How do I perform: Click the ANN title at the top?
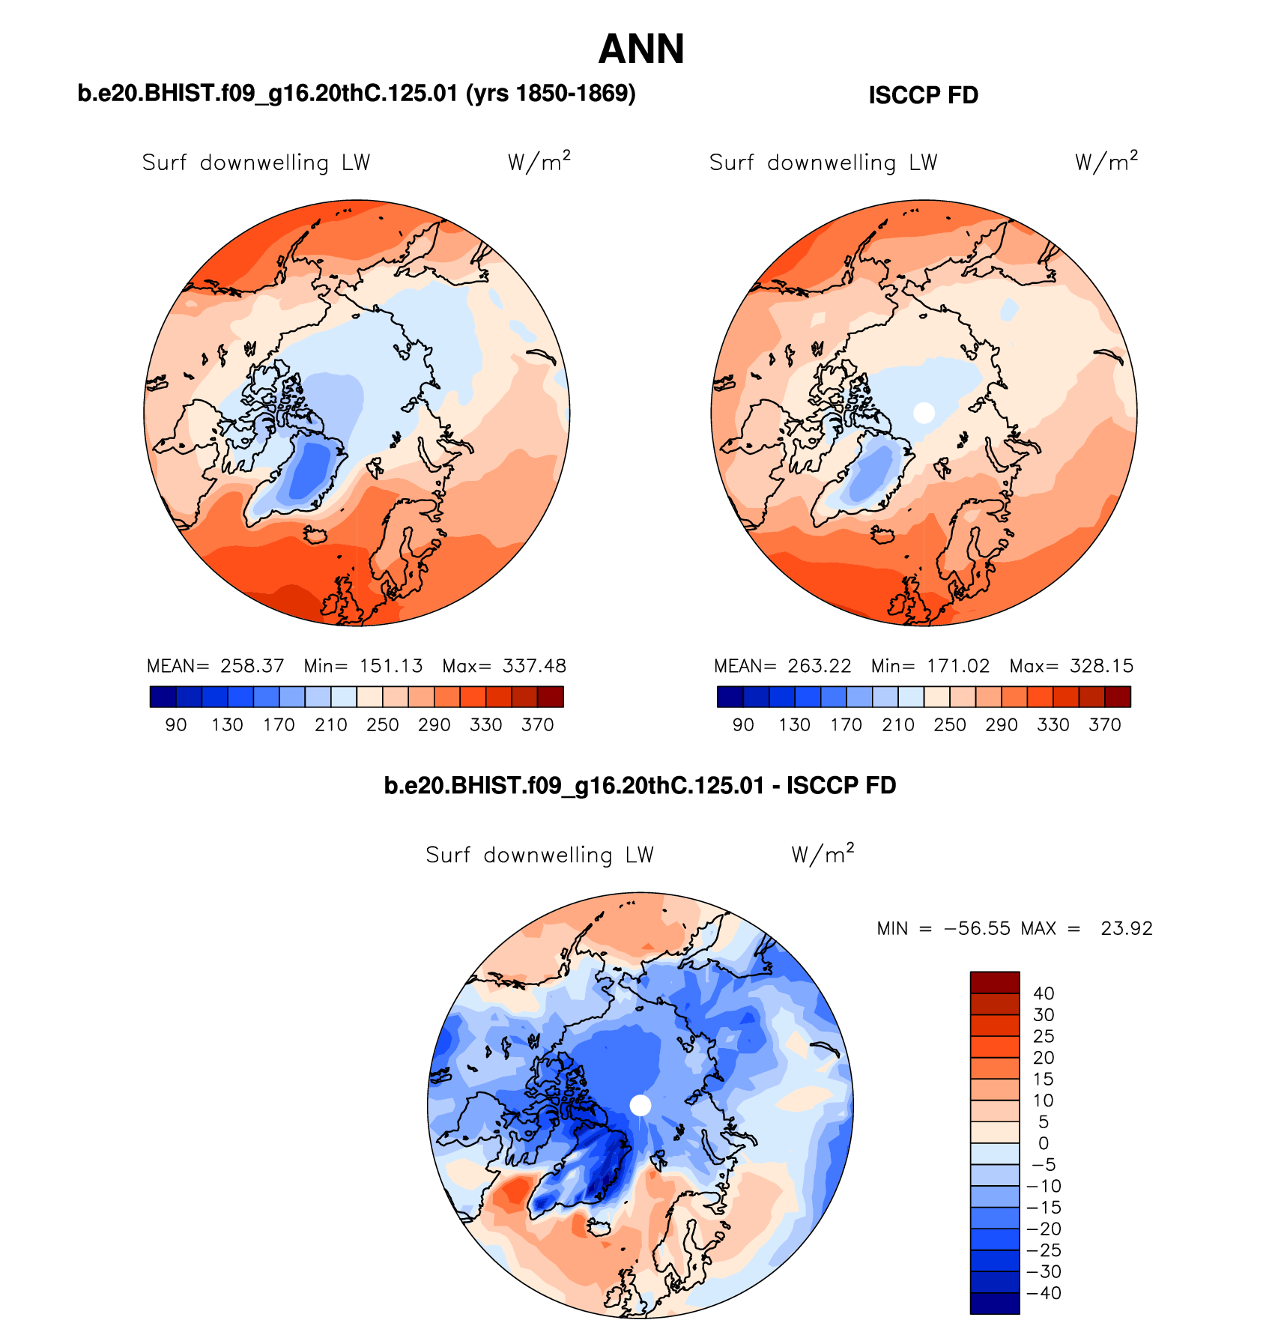pyautogui.click(x=641, y=49)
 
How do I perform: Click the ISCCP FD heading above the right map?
pyautogui.click(x=923, y=96)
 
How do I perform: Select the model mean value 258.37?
pyautogui.click(x=252, y=666)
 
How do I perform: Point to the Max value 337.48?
pyautogui.click(x=534, y=666)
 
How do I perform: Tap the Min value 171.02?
pyautogui.click(x=957, y=666)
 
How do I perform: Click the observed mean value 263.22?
pyautogui.click(x=819, y=666)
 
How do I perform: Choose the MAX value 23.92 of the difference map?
pyautogui.click(x=1126, y=929)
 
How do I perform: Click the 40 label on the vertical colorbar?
pyautogui.click(x=1044, y=993)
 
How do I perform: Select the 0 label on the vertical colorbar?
pyautogui.click(x=1044, y=1143)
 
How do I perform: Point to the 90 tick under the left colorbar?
pyautogui.click(x=176, y=725)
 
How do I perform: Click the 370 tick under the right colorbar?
pyautogui.click(x=1105, y=725)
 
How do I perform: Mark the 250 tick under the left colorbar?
pyautogui.click(x=382, y=725)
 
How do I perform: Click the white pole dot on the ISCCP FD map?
pyautogui.click(x=924, y=413)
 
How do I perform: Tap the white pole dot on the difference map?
pyautogui.click(x=640, y=1105)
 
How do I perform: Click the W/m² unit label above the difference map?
pyautogui.click(x=823, y=855)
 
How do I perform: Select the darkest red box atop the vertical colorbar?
pyautogui.click(x=995, y=982)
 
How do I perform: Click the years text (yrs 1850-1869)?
pyautogui.click(x=551, y=94)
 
